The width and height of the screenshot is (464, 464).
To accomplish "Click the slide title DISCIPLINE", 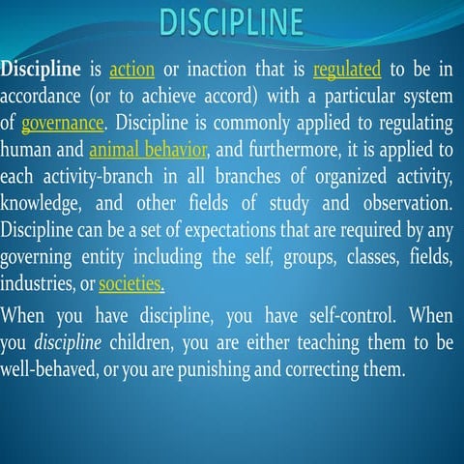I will coord(231,20).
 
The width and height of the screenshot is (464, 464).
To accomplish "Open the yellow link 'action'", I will coord(126,71).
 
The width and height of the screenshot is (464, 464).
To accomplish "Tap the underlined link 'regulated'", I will coord(347,71).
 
